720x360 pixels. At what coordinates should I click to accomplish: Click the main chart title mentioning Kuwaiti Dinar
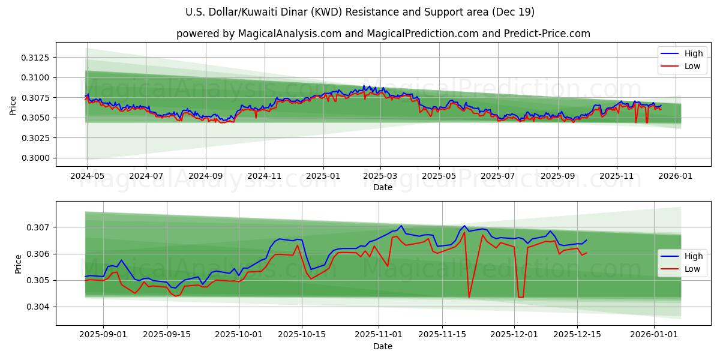(x=360, y=12)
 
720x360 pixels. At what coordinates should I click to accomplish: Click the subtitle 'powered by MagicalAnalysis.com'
(x=383, y=34)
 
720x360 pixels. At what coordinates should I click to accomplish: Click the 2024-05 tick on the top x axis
(x=87, y=176)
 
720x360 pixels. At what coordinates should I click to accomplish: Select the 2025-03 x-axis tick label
(x=381, y=176)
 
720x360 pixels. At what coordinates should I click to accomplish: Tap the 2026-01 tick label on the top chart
(x=676, y=176)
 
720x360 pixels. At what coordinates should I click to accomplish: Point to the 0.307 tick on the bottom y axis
(x=41, y=227)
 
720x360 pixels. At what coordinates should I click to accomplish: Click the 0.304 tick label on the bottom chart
(x=41, y=307)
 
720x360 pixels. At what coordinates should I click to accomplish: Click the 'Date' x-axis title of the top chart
(x=383, y=187)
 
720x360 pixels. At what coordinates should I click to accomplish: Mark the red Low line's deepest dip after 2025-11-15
(x=469, y=297)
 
